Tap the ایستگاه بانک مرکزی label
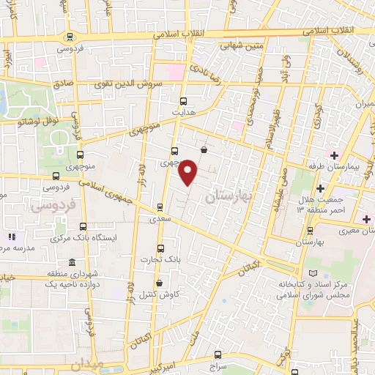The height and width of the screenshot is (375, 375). [82, 240]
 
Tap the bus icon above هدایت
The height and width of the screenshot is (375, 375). [182, 102]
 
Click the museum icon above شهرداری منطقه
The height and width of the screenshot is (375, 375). [71, 262]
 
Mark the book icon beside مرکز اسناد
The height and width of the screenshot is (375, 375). [315, 272]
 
